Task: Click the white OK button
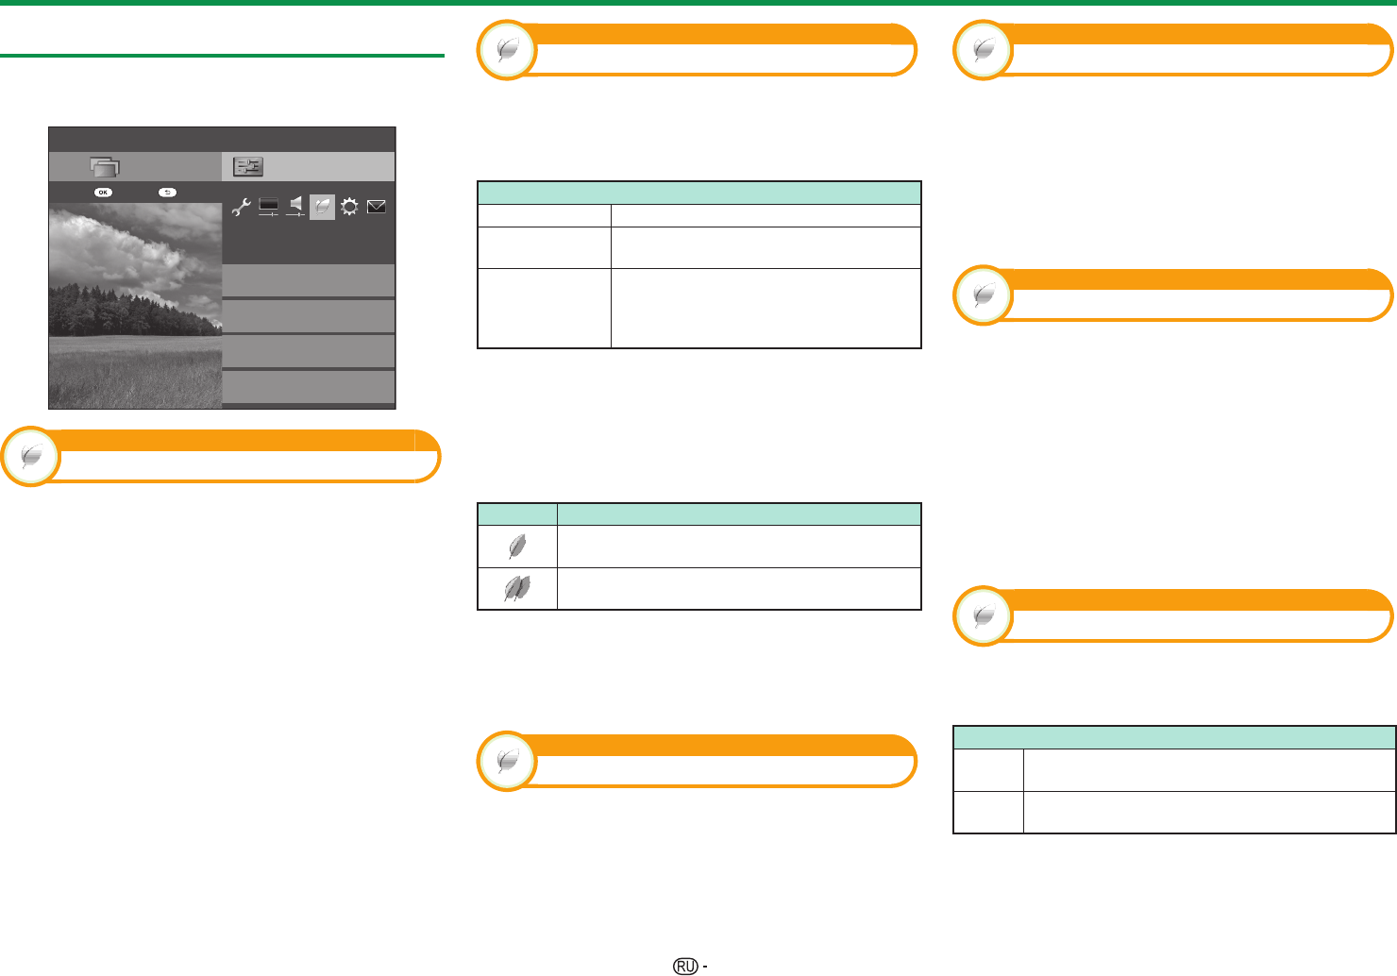(x=104, y=192)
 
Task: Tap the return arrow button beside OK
(x=167, y=192)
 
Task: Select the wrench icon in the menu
(x=242, y=207)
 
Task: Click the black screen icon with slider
(x=269, y=207)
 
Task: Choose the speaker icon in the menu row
(x=295, y=207)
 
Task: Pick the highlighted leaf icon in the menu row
(x=323, y=207)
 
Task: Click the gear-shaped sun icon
(x=349, y=207)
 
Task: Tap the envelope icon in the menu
(x=376, y=207)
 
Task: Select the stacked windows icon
(x=105, y=167)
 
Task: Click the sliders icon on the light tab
(x=248, y=166)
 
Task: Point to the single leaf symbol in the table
(x=517, y=547)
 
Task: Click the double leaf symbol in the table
(x=517, y=589)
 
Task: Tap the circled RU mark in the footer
(x=685, y=966)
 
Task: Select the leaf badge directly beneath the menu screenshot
(x=30, y=457)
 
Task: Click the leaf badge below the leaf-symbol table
(x=507, y=762)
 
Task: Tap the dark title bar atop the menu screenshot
(x=222, y=139)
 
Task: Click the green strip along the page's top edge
(x=698, y=3)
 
